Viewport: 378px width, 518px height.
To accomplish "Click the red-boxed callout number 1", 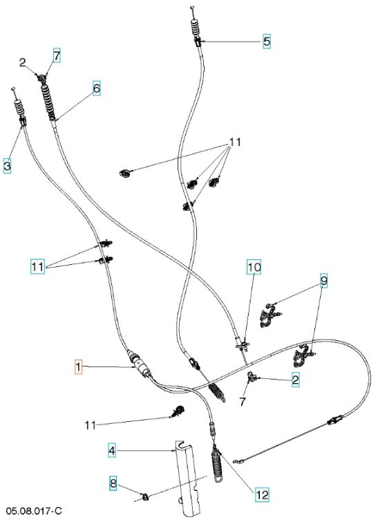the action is (79, 367).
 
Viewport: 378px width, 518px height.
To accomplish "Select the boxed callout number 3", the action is (8, 166).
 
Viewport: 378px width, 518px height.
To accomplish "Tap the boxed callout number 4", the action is (112, 450).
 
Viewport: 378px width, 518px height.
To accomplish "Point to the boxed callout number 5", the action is (267, 41).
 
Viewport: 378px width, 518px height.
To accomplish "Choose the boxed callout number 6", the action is (96, 89).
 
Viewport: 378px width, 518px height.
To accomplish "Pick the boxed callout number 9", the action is (324, 281).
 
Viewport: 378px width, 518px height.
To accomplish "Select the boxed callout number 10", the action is (254, 267).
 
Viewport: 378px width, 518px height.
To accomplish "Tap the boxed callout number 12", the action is (262, 494).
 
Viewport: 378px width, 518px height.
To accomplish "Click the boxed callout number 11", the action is (37, 266).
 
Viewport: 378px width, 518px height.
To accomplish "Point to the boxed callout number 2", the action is (296, 380).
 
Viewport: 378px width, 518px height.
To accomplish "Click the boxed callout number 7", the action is (57, 56).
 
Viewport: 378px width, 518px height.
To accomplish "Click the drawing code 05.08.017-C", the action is (34, 510).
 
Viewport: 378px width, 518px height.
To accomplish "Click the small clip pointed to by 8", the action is (145, 496).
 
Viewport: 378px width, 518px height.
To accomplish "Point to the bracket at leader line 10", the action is (243, 345).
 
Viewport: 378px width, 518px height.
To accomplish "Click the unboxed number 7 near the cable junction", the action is (243, 402).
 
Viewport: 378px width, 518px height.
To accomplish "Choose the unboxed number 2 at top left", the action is (22, 62).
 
